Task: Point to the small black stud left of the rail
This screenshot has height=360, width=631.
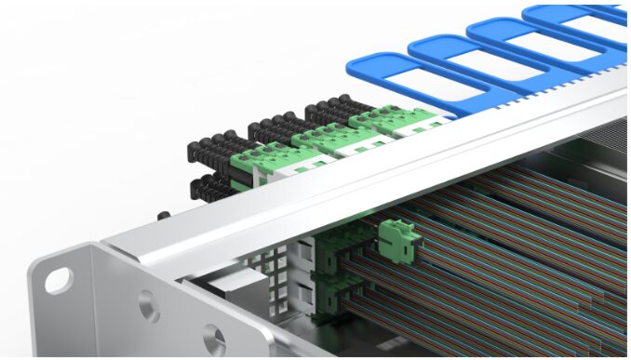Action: (164, 215)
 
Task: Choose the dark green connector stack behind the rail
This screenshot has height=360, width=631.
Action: (335, 270)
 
